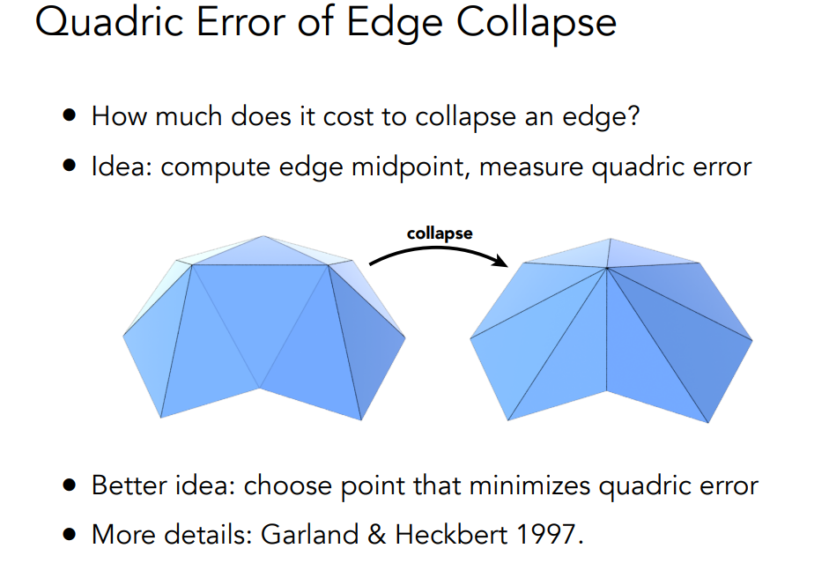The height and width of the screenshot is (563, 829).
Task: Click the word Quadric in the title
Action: click(109, 23)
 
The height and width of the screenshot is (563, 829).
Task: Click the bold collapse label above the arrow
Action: click(440, 233)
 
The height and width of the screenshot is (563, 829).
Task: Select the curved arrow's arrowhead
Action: click(500, 260)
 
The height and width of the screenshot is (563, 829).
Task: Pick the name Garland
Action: click(309, 534)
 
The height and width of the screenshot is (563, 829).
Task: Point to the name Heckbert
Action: click(451, 534)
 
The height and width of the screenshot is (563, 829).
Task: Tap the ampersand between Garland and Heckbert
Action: click(376, 535)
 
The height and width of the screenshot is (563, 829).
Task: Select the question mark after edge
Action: click(633, 115)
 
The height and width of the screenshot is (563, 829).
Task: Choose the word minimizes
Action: click(529, 485)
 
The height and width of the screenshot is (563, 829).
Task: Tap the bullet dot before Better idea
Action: click(70, 485)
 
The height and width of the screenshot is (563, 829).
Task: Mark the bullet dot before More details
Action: click(70, 534)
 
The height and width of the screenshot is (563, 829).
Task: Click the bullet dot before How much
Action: click(70, 115)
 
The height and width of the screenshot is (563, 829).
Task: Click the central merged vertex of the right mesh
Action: click(606, 269)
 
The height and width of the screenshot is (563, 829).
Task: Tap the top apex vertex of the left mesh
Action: click(263, 236)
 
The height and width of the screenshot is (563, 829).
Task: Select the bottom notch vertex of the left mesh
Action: click(259, 389)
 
